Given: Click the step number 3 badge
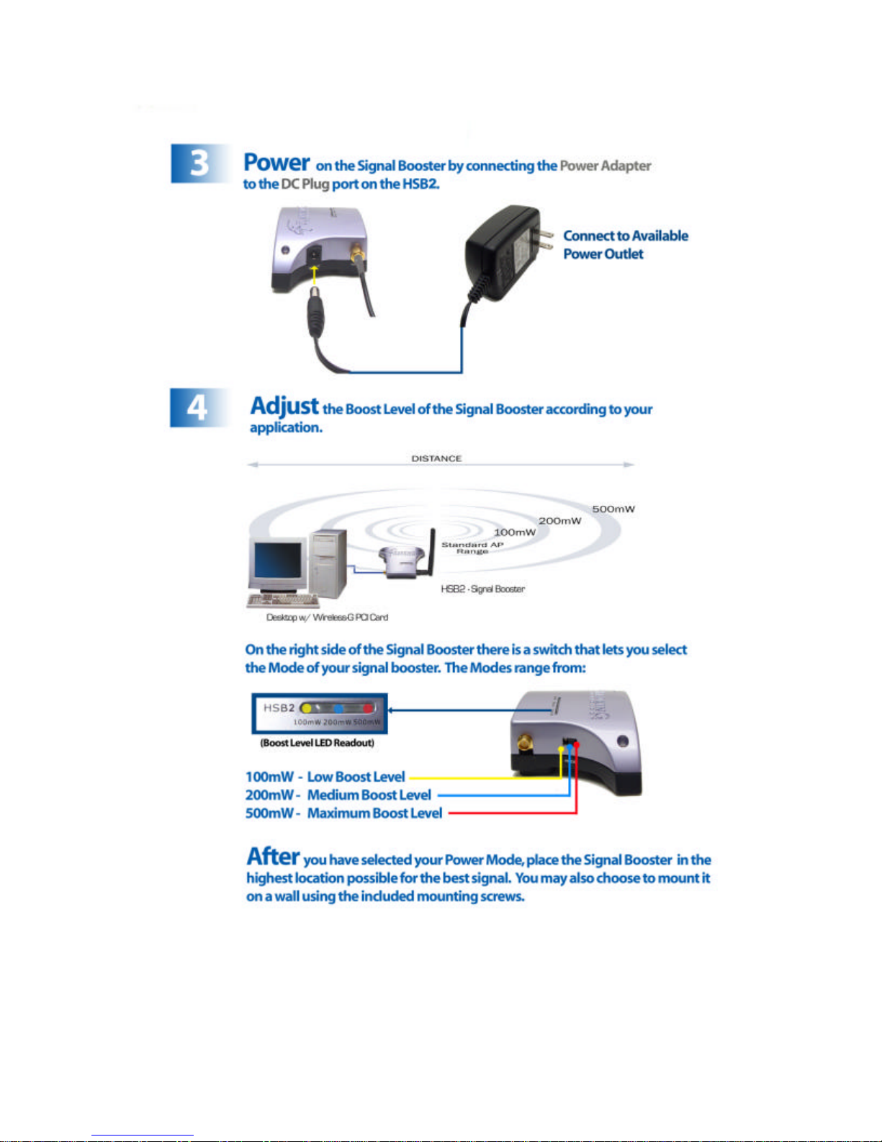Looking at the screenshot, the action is point(199,164).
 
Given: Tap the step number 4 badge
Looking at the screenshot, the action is point(197,408).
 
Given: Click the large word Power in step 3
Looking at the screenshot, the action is point(276,163).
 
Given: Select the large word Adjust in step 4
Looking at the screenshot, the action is point(284,406).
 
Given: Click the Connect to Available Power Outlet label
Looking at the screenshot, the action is point(625,245).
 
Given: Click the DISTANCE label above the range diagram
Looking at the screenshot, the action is point(436,458).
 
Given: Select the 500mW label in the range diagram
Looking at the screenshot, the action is point(613,509).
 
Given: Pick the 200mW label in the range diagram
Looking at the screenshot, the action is point(559,521).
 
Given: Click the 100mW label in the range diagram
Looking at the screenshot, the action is point(514,532).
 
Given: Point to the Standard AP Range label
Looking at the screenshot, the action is point(472,548).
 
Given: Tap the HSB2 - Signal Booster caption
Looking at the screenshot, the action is point(482,589).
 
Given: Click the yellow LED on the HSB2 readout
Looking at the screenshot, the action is point(306,708).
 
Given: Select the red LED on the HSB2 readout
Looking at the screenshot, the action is point(369,709).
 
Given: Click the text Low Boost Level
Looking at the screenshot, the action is point(356,777).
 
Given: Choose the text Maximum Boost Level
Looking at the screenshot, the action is point(374,813).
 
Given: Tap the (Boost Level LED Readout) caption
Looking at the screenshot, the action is point(318,743).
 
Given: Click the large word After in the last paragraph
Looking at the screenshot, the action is point(273,857).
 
